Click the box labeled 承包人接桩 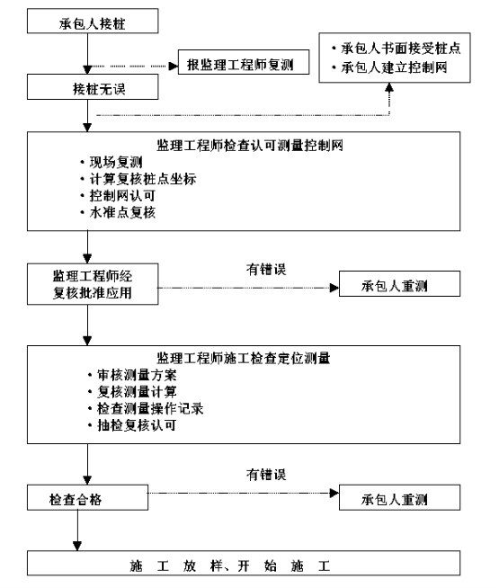(93, 22)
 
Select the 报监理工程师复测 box (244, 62)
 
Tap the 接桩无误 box (93, 86)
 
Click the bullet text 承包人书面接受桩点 (400, 49)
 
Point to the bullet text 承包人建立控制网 (394, 67)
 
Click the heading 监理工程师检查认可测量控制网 (250, 146)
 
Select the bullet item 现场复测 (116, 163)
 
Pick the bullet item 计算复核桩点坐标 (143, 179)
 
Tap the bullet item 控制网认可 (122, 196)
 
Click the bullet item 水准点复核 (122, 212)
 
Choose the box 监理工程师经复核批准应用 (93, 284)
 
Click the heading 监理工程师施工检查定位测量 (244, 358)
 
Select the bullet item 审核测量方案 (137, 375)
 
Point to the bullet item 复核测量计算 (137, 392)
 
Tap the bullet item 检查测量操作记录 (150, 408)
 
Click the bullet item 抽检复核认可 (137, 425)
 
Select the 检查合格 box (87, 497)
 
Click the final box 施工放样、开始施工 (244, 563)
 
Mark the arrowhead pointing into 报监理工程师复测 (174, 67)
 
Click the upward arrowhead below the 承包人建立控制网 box (389, 87)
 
